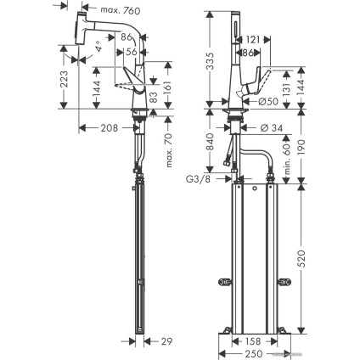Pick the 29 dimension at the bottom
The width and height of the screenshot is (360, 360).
166,341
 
